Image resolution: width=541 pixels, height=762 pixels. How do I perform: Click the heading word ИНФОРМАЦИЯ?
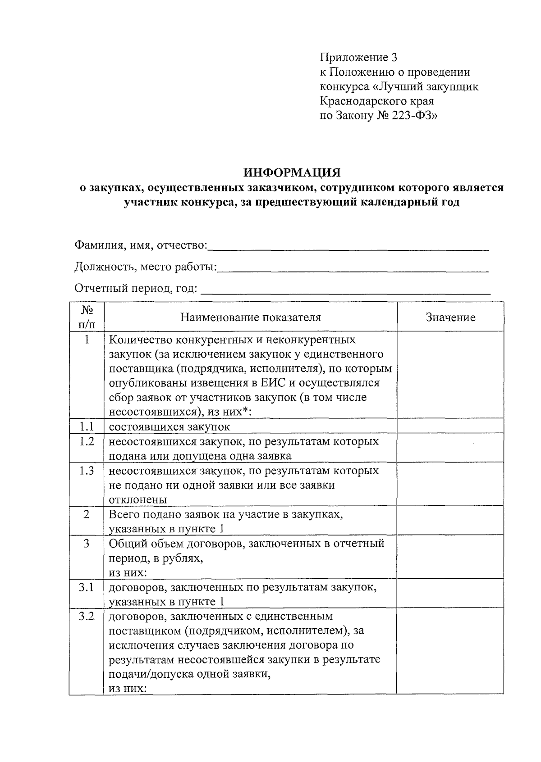click(292, 173)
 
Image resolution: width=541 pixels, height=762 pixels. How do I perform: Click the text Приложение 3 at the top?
click(359, 57)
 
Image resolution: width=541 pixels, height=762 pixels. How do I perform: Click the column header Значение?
click(450, 317)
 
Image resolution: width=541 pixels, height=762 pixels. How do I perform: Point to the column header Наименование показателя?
click(251, 317)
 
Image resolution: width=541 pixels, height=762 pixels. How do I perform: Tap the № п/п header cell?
click(87, 317)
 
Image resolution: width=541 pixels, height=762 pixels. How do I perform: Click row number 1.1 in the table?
click(87, 426)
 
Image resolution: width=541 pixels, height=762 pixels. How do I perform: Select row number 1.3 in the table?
click(87, 471)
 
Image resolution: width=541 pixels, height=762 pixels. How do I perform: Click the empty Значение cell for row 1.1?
click(450, 426)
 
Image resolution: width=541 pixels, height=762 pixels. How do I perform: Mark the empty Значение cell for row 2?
click(450, 521)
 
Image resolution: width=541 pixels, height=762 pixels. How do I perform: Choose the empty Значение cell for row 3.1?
click(450, 594)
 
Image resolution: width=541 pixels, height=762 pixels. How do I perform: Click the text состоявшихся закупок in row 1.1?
click(170, 427)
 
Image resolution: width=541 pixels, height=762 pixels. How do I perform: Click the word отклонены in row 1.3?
click(138, 499)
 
